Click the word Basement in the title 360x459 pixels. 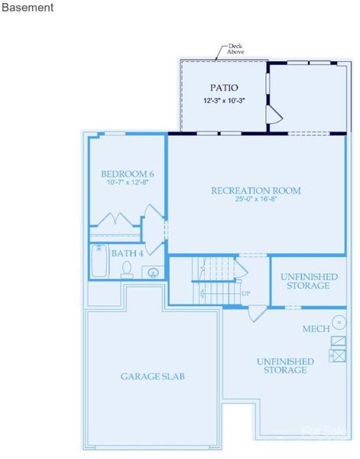pos(28,8)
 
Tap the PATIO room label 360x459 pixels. pos(224,88)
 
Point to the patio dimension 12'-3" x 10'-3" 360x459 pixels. pos(224,101)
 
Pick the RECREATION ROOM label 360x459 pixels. pos(256,190)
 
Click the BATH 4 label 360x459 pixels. pos(128,253)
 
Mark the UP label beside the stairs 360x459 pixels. pos(245,294)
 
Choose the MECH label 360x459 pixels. pos(316,329)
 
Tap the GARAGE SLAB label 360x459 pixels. pos(153,376)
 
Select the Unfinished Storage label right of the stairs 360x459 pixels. pos(305,281)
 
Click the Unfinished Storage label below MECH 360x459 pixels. pos(285,365)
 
